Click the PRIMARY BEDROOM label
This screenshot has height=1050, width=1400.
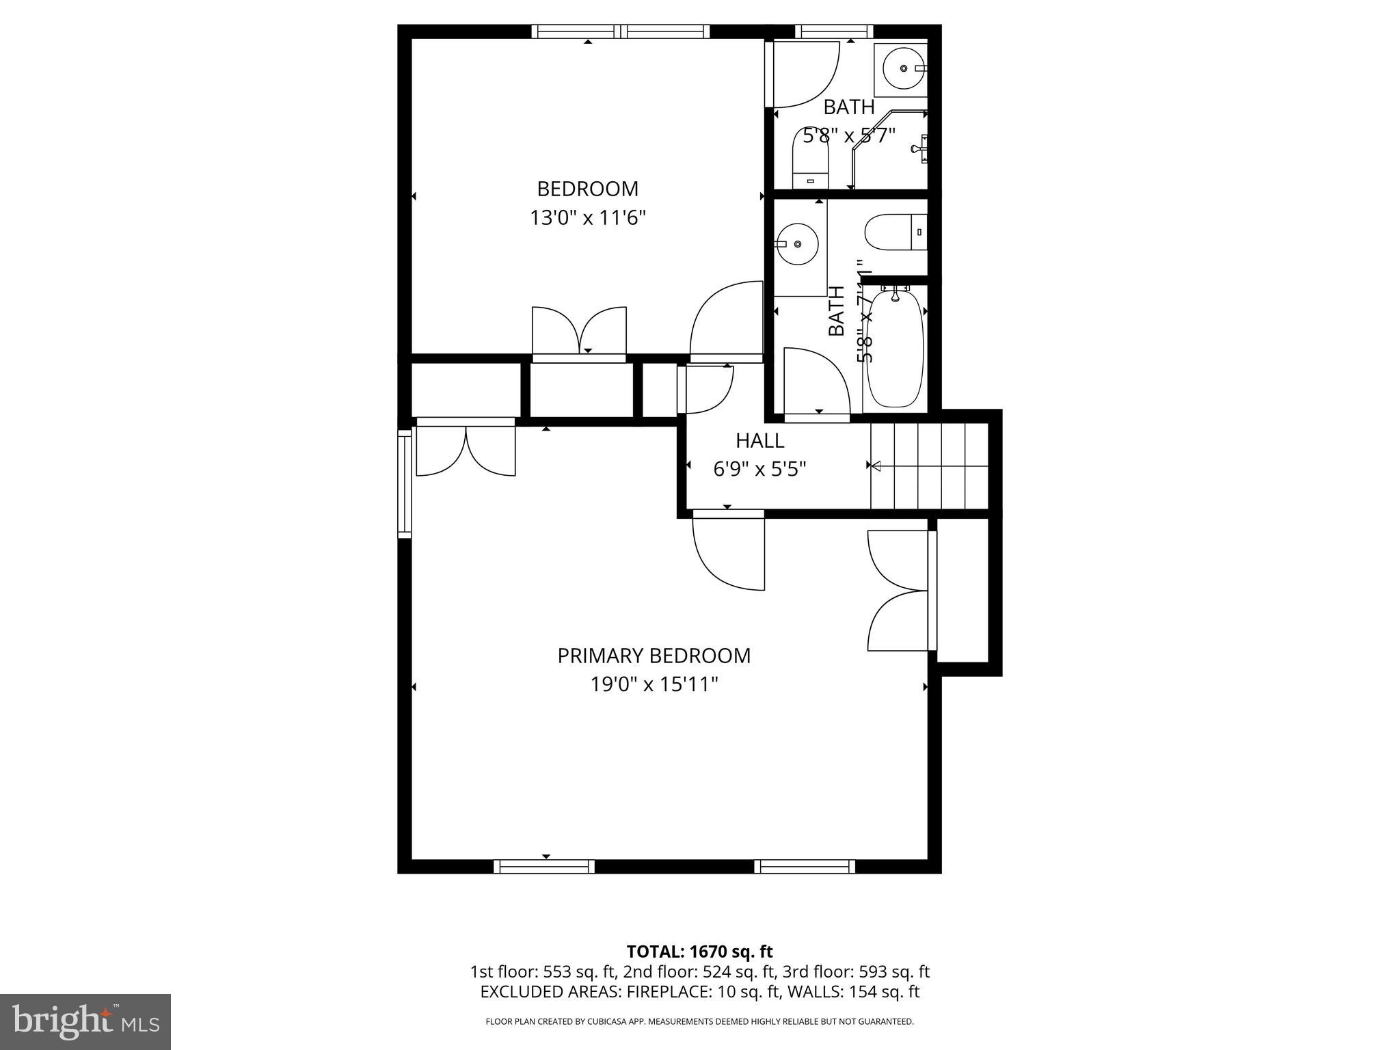click(654, 656)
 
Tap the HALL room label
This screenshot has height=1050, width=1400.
click(759, 440)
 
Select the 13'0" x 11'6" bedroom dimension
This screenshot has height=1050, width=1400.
click(588, 218)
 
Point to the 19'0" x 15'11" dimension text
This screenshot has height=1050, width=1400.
click(654, 684)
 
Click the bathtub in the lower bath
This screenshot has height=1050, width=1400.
click(894, 349)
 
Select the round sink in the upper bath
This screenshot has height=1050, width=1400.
click(904, 68)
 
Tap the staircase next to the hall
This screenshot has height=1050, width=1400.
click(930, 466)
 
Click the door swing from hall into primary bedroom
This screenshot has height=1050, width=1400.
click(729, 550)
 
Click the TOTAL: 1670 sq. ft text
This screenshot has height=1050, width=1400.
click(699, 952)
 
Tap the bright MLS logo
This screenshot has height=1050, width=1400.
click(85, 1021)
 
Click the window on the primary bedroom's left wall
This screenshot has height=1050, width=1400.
click(405, 483)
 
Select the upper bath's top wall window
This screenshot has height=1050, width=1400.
click(835, 31)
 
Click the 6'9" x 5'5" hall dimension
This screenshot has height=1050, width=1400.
click(759, 469)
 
